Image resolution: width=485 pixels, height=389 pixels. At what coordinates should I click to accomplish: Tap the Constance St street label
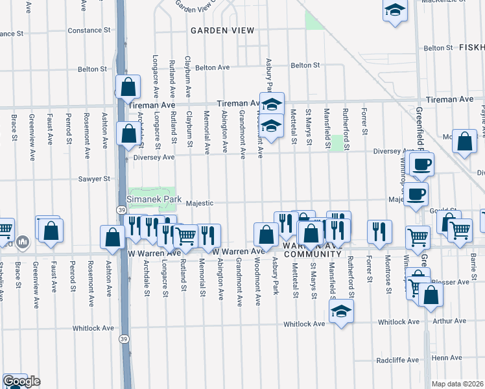(85, 30)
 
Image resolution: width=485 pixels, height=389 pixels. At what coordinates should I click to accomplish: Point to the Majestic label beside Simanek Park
(200, 203)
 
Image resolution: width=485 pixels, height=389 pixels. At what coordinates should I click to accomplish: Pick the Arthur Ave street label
(449, 321)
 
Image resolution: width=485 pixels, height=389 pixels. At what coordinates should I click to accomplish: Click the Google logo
(21, 381)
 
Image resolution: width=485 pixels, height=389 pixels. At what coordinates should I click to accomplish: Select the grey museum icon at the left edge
(23, 242)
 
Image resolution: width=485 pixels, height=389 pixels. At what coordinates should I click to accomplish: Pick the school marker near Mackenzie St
(394, 11)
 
